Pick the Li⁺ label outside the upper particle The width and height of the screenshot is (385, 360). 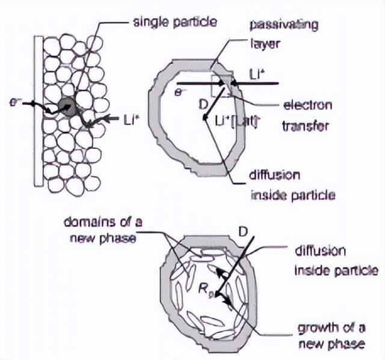tap(256, 75)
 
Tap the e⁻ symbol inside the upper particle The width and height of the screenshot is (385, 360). tap(178, 92)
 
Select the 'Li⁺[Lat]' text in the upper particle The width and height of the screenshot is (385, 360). tap(236, 121)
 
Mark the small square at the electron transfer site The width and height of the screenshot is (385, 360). tap(220, 85)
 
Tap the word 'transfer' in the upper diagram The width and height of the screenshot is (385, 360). tap(303, 126)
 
